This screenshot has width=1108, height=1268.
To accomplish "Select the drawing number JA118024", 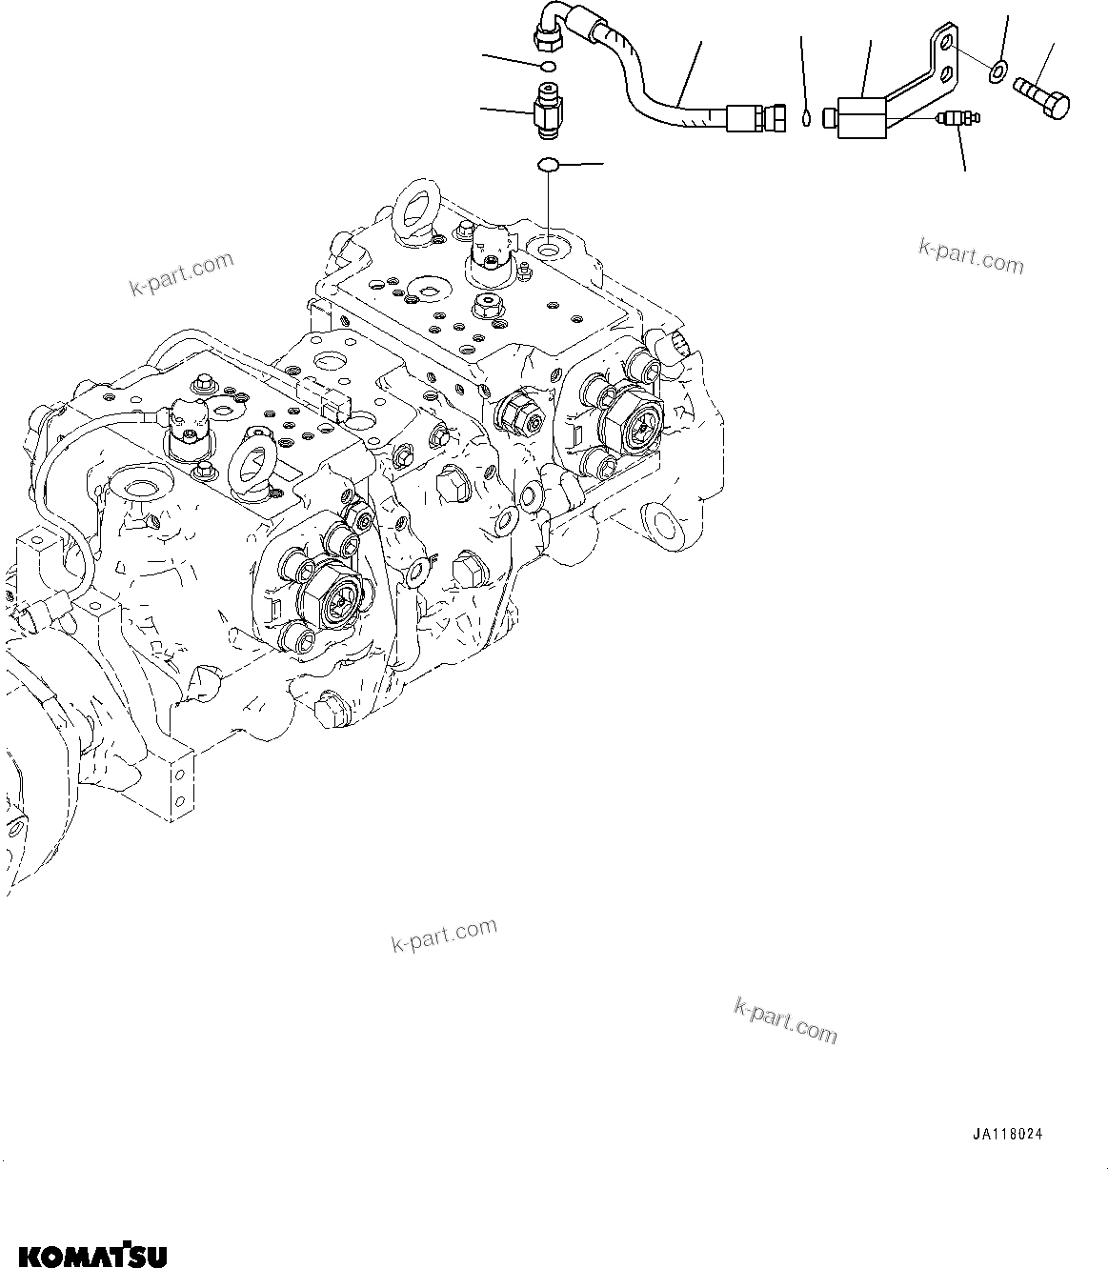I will (1008, 1135).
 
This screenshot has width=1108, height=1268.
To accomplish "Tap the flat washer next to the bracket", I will (997, 70).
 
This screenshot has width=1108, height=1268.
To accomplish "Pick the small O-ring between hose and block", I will (807, 119).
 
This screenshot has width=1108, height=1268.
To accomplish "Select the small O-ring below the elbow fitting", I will (547, 67).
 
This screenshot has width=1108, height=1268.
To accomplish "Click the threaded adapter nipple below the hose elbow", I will (548, 107).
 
